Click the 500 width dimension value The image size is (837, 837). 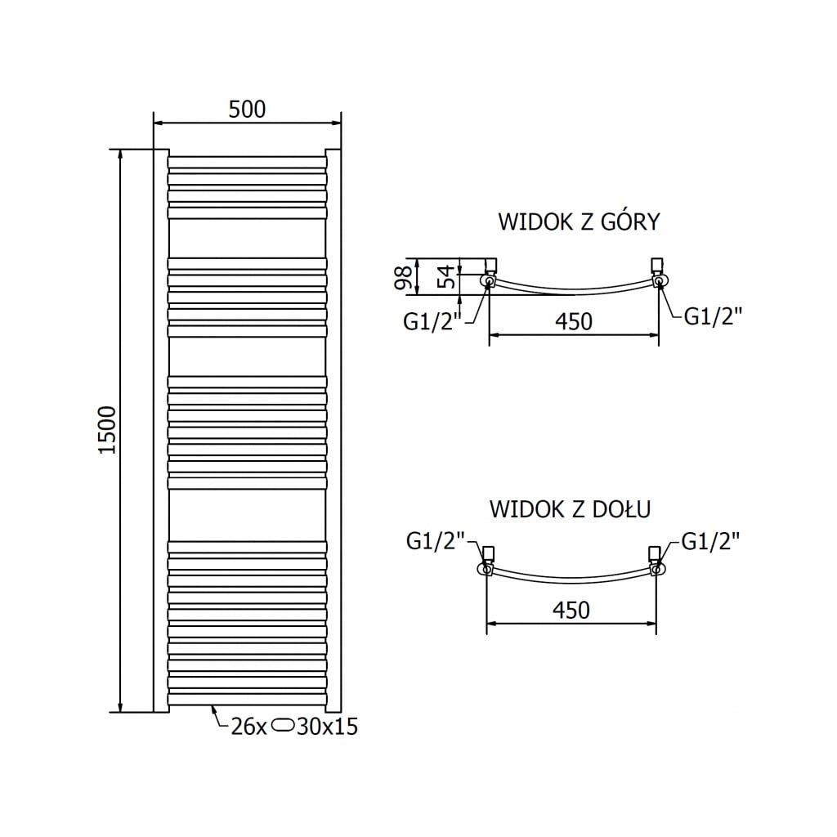248,110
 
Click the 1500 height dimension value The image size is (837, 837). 109,431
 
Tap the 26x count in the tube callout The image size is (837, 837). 249,726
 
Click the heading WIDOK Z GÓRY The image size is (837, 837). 578,222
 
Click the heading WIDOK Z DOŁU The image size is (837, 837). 570,509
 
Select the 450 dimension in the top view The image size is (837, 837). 573,321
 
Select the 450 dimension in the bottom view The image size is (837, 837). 571,610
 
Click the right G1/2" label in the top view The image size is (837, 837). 714,316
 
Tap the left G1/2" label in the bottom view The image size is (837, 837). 436,540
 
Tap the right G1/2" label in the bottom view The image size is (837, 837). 710,540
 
